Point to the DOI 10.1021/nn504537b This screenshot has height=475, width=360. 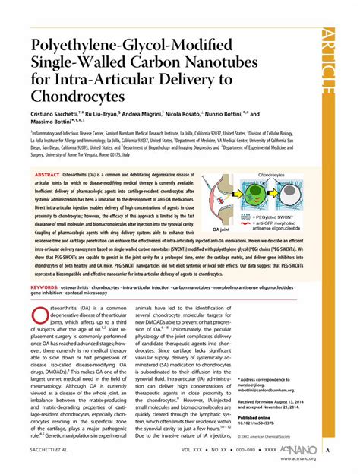(264, 423)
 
